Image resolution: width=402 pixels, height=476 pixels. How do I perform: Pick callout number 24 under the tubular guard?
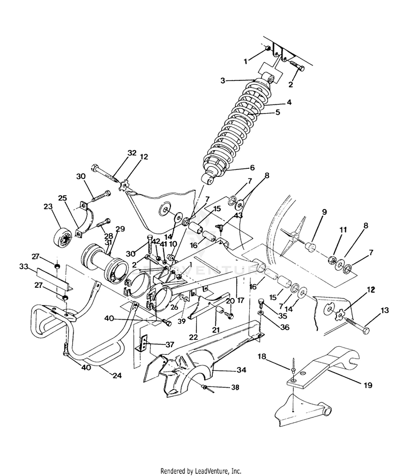116,376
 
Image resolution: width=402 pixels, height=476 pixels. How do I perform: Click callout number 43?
239,215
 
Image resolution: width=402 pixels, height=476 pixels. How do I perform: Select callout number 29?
120,229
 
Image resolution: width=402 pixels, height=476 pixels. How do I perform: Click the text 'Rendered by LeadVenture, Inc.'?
201,471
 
